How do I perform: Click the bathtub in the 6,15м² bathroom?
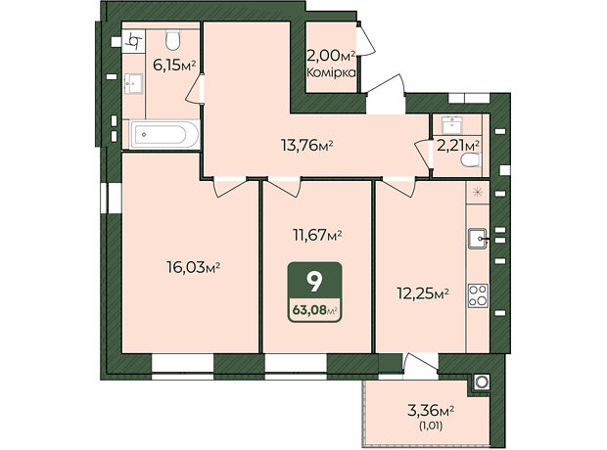pyautogui.click(x=164, y=135)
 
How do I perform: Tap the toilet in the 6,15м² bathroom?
pyautogui.click(x=172, y=40)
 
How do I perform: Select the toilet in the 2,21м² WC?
pyautogui.click(x=471, y=159)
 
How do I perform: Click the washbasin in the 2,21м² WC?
pyautogui.click(x=452, y=125)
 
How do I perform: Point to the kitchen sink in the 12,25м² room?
pyautogui.click(x=478, y=239)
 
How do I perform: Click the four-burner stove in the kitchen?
pyautogui.click(x=478, y=295)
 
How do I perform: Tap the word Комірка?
pyautogui.click(x=331, y=72)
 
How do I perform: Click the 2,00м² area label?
pyautogui.click(x=331, y=57)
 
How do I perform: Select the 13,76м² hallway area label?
pyautogui.click(x=307, y=146)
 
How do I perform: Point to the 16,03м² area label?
pyautogui.click(x=193, y=267)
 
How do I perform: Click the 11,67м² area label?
pyautogui.click(x=317, y=235)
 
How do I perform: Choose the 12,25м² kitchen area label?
pyautogui.click(x=423, y=293)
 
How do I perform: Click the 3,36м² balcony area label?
pyautogui.click(x=431, y=410)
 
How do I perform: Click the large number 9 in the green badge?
pyautogui.click(x=314, y=282)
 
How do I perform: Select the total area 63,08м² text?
pyautogui.click(x=314, y=310)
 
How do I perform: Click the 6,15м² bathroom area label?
pyautogui.click(x=174, y=66)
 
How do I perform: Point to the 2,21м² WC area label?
pyautogui.click(x=458, y=146)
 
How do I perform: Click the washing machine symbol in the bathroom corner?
pyautogui.click(x=134, y=41)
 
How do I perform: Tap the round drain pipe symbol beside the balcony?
pyautogui.click(x=482, y=382)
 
